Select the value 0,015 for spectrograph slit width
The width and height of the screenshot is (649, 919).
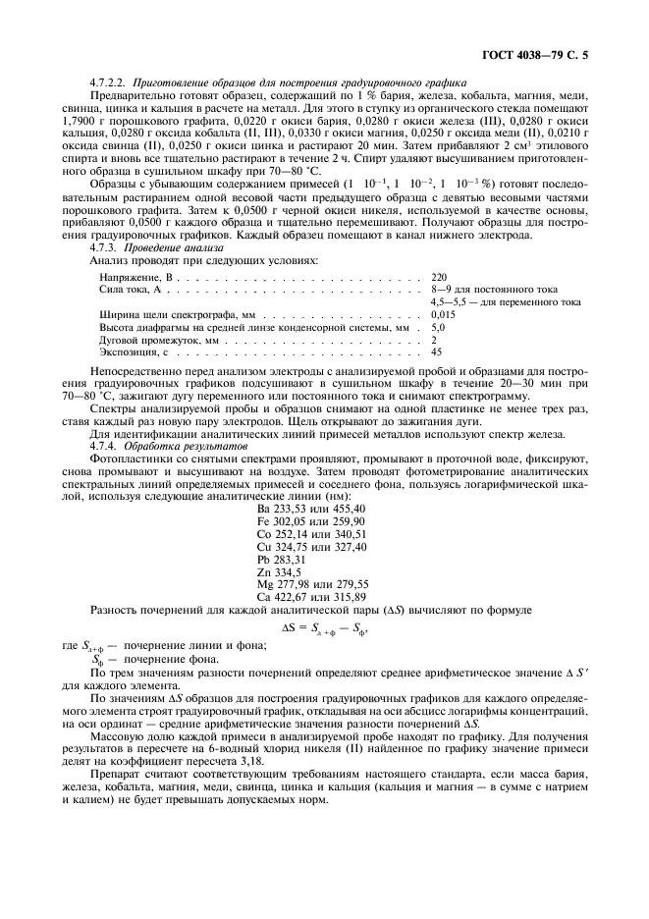[443, 314]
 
